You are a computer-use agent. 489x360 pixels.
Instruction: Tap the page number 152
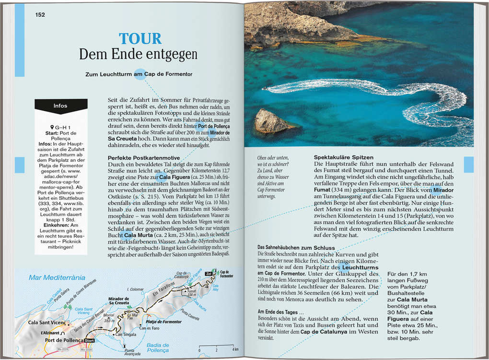click(40, 15)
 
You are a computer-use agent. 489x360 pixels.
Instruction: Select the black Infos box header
click(61, 106)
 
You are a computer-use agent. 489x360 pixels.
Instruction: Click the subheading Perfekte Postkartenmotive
click(144, 158)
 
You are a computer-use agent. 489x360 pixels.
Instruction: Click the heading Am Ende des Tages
click(280, 312)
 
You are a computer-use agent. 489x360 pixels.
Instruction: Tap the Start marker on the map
click(89, 340)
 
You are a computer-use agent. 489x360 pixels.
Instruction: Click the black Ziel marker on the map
click(208, 274)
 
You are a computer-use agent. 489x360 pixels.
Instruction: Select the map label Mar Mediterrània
click(57, 278)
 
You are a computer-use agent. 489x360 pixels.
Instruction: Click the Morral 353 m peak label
click(109, 318)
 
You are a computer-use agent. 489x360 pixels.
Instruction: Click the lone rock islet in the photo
click(271, 122)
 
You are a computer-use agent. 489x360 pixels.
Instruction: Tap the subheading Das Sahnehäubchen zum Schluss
click(292, 247)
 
